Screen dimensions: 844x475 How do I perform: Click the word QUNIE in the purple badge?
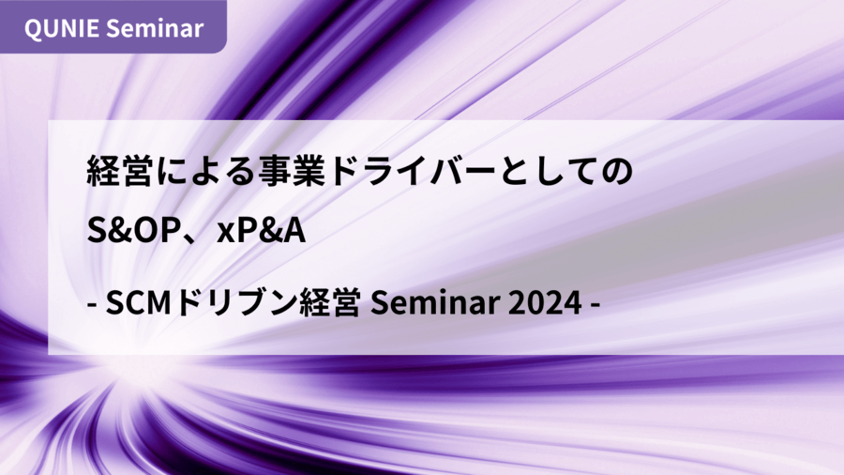[61, 28]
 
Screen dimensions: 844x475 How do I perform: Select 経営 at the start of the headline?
[119, 171]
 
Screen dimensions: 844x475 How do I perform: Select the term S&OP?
[133, 230]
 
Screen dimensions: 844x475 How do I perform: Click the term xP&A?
[261, 230]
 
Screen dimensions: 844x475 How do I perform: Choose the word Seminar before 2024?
[435, 303]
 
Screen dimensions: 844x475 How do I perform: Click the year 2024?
[545, 303]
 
